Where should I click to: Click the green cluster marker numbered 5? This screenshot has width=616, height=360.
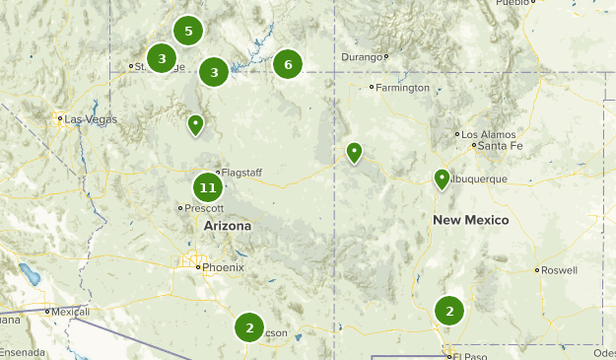coord(188,31)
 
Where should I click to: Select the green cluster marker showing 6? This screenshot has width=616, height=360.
coord(288,65)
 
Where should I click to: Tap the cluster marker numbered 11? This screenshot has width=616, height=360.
coord(207,186)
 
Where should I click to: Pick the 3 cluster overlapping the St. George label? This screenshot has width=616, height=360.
coord(162,58)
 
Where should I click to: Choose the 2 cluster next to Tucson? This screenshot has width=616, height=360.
coord(250,327)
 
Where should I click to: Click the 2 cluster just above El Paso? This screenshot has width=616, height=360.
coord(449,311)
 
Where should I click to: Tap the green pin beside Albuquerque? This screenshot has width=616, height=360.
coord(442,179)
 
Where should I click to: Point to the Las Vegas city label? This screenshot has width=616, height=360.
coord(92,119)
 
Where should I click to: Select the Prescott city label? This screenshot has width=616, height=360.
coord(205,208)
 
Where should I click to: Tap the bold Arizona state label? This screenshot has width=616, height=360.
coord(227,226)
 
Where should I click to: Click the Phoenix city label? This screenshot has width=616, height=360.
coord(223,267)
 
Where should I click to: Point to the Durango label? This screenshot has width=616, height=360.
coord(361,57)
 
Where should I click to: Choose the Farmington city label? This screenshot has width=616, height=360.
coord(404,88)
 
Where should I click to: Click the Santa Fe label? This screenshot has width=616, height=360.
coord(500,146)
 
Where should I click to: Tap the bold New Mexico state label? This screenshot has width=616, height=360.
coord(471,220)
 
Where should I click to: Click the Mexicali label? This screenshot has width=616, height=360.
coord(70,312)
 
